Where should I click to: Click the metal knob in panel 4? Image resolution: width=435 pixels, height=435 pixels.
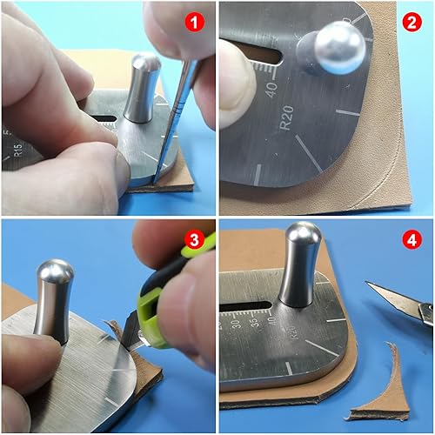301,265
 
